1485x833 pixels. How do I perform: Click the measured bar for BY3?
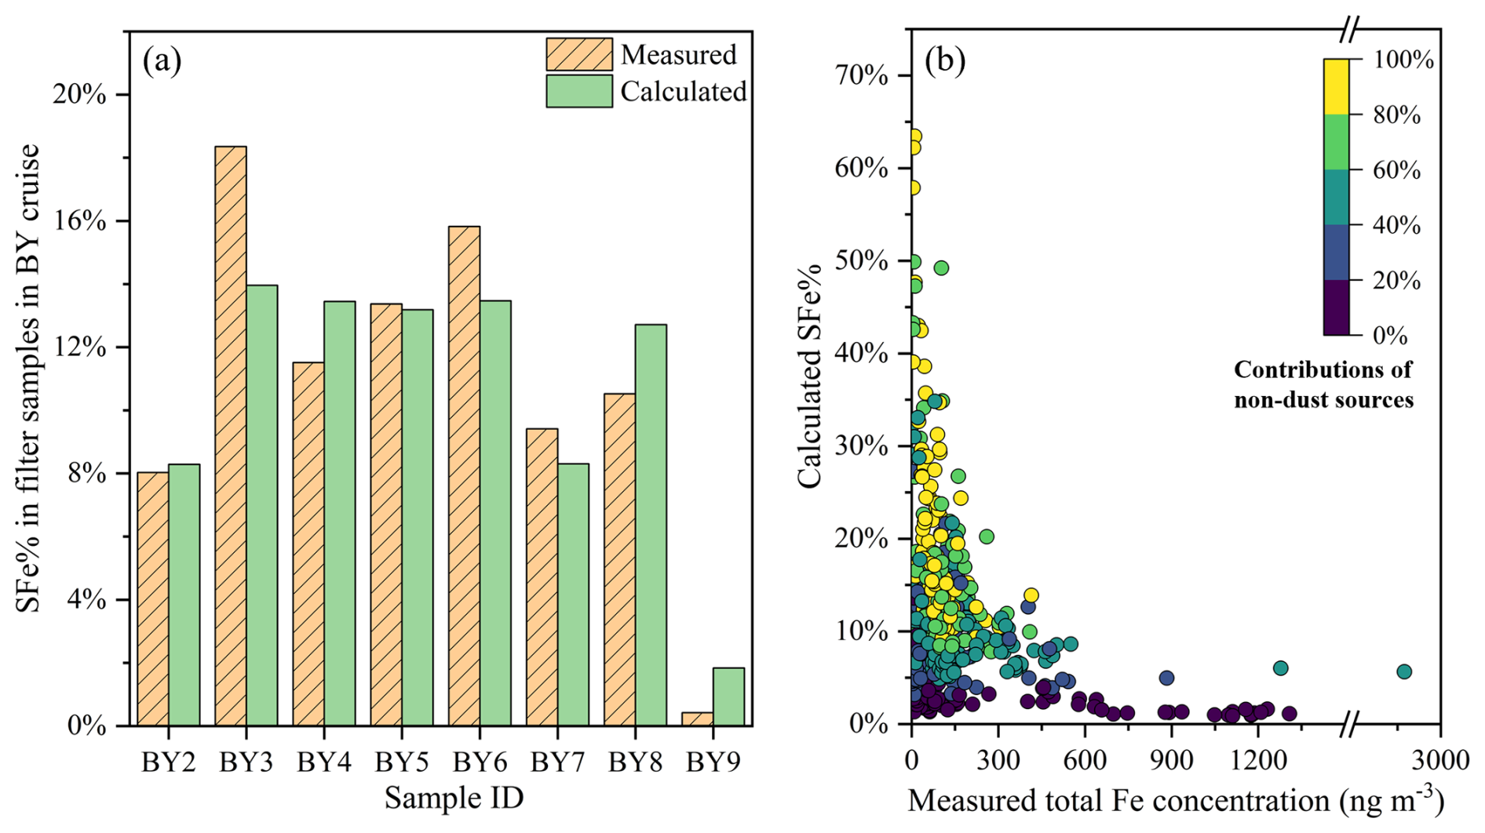(231, 435)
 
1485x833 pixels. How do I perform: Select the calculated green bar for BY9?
(728, 697)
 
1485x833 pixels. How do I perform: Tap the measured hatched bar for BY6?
(464, 475)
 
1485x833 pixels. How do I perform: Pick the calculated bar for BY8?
(651, 525)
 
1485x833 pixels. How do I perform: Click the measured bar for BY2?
(152, 598)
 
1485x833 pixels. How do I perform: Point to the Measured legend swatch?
(579, 54)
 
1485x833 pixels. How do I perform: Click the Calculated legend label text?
(684, 92)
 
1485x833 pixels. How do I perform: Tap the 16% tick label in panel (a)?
(78, 221)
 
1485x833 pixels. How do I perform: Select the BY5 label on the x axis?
(402, 762)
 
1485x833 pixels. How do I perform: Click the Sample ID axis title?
(454, 798)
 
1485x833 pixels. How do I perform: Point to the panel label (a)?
(162, 60)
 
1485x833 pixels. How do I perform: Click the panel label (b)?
(945, 60)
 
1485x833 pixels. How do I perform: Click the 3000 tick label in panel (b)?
(1439, 760)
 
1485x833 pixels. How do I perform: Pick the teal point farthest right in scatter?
(1404, 671)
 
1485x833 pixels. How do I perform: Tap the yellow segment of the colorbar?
(1336, 87)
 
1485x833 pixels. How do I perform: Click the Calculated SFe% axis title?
(809, 376)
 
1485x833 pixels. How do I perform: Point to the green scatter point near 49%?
(941, 268)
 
